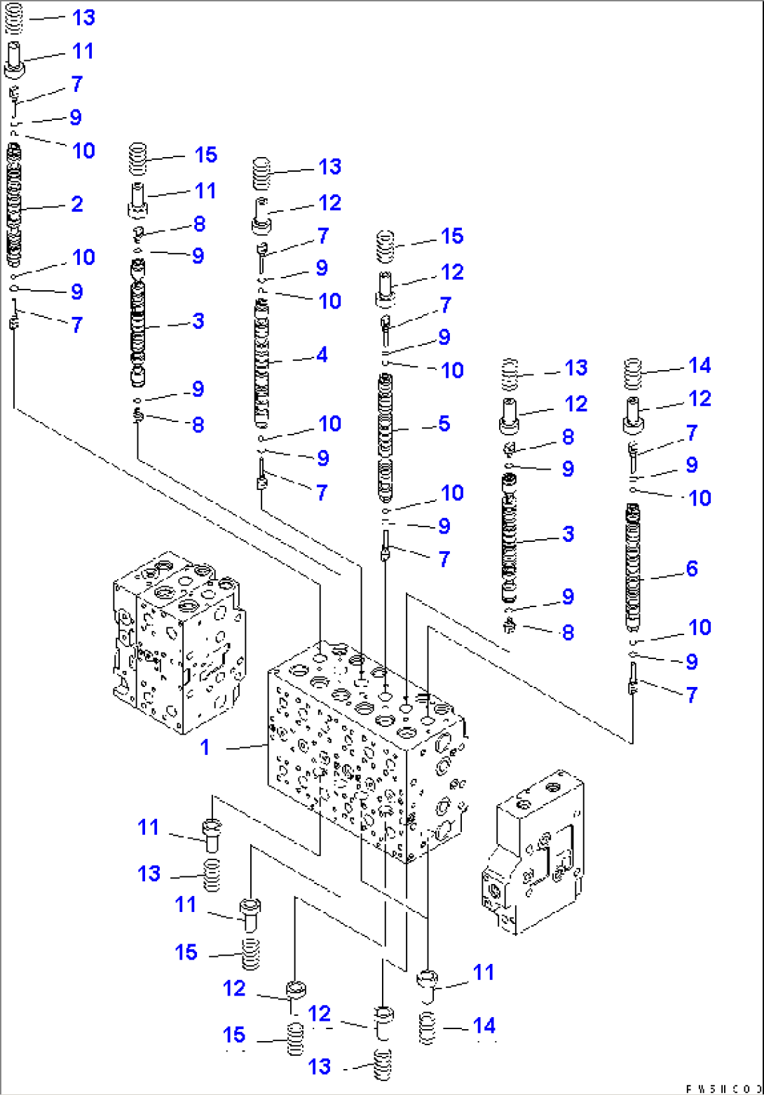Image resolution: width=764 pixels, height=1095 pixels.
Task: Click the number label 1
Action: [205, 747]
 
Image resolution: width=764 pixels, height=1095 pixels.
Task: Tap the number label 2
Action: [76, 204]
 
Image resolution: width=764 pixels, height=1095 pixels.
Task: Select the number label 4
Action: [322, 355]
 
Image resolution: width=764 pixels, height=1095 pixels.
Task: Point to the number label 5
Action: [444, 423]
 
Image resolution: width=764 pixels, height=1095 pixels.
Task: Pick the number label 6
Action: [691, 568]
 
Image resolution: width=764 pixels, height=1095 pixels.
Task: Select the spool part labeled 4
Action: [261, 362]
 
